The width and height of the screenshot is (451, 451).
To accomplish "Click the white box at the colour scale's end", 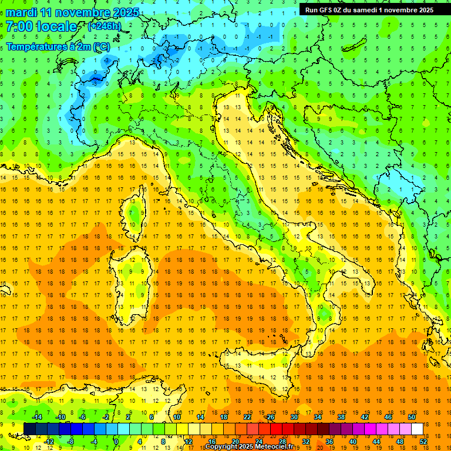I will click(417, 429).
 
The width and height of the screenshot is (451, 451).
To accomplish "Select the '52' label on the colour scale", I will click(424, 442).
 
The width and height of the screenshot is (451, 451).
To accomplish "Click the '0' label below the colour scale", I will click(116, 442).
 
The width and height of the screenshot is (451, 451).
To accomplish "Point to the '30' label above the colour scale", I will click(294, 417).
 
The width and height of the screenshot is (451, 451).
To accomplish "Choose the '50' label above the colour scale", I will click(411, 417).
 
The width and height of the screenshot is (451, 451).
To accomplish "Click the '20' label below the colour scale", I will click(235, 442).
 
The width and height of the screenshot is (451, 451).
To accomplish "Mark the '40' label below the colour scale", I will click(353, 442).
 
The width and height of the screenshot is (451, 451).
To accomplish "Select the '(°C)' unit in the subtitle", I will click(102, 46).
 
